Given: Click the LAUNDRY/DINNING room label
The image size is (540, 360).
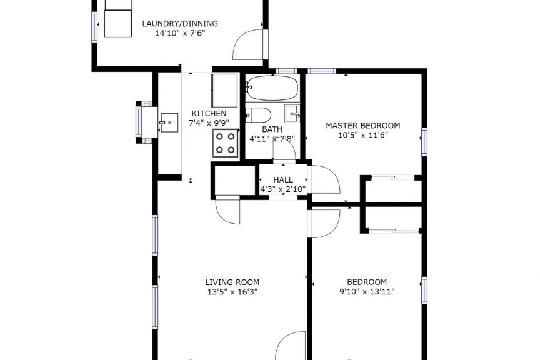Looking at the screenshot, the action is coord(180,23).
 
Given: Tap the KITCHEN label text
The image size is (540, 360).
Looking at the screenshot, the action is coord(209,113).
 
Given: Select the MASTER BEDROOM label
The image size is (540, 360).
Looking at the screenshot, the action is coord(363,126).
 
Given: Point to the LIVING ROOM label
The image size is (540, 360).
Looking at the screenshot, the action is coord(232,282).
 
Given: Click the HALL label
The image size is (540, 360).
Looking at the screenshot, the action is coord(283,179).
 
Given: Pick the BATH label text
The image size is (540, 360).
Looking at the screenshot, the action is coord(272,129).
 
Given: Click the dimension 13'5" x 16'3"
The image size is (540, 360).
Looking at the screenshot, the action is coord(232,292).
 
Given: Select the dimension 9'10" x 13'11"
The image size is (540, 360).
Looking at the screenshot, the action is coord(367,292).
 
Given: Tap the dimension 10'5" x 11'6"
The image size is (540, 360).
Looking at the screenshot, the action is coord(363,135).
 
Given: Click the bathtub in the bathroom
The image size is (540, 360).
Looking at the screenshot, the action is coord(272,88).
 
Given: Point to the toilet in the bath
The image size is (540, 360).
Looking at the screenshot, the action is coord(258,115).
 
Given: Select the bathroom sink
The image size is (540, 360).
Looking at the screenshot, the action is coord(292,113).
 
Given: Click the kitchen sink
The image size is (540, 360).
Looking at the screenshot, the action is coord(168,122).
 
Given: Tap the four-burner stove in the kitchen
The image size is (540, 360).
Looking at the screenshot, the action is coord(226,143).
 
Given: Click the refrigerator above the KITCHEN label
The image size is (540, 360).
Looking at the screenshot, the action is coord(224,90).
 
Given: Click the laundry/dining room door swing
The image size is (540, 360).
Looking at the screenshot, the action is coord(249,45).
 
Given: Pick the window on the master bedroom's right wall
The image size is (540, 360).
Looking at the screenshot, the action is coord(424,142).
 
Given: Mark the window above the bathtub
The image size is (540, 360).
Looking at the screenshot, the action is coord(286,71).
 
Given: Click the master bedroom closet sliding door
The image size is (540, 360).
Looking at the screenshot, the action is coord(393,177).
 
